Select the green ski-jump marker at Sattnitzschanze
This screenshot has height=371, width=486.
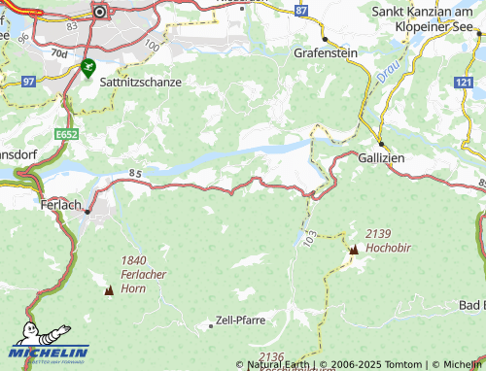[89, 67]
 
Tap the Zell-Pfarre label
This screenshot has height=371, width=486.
[240, 319]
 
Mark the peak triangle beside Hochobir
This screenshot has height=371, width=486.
[353, 250]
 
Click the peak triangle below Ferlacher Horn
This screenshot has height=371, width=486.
[108, 290]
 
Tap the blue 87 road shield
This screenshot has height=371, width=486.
[301, 10]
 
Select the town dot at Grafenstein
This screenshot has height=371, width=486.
[325, 39]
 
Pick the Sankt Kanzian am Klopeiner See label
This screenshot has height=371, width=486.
[428, 18]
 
